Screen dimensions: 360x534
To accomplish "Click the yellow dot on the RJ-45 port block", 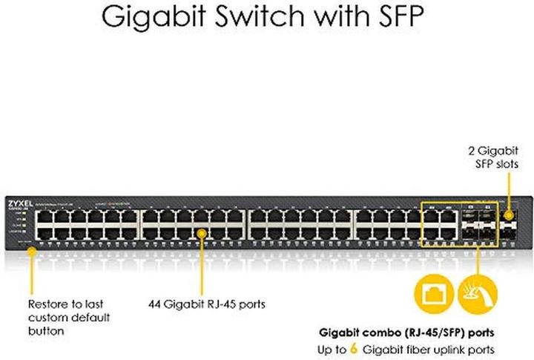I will point(201,232).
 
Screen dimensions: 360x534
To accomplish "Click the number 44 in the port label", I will point(153,304).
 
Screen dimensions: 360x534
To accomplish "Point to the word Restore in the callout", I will point(46,304).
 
